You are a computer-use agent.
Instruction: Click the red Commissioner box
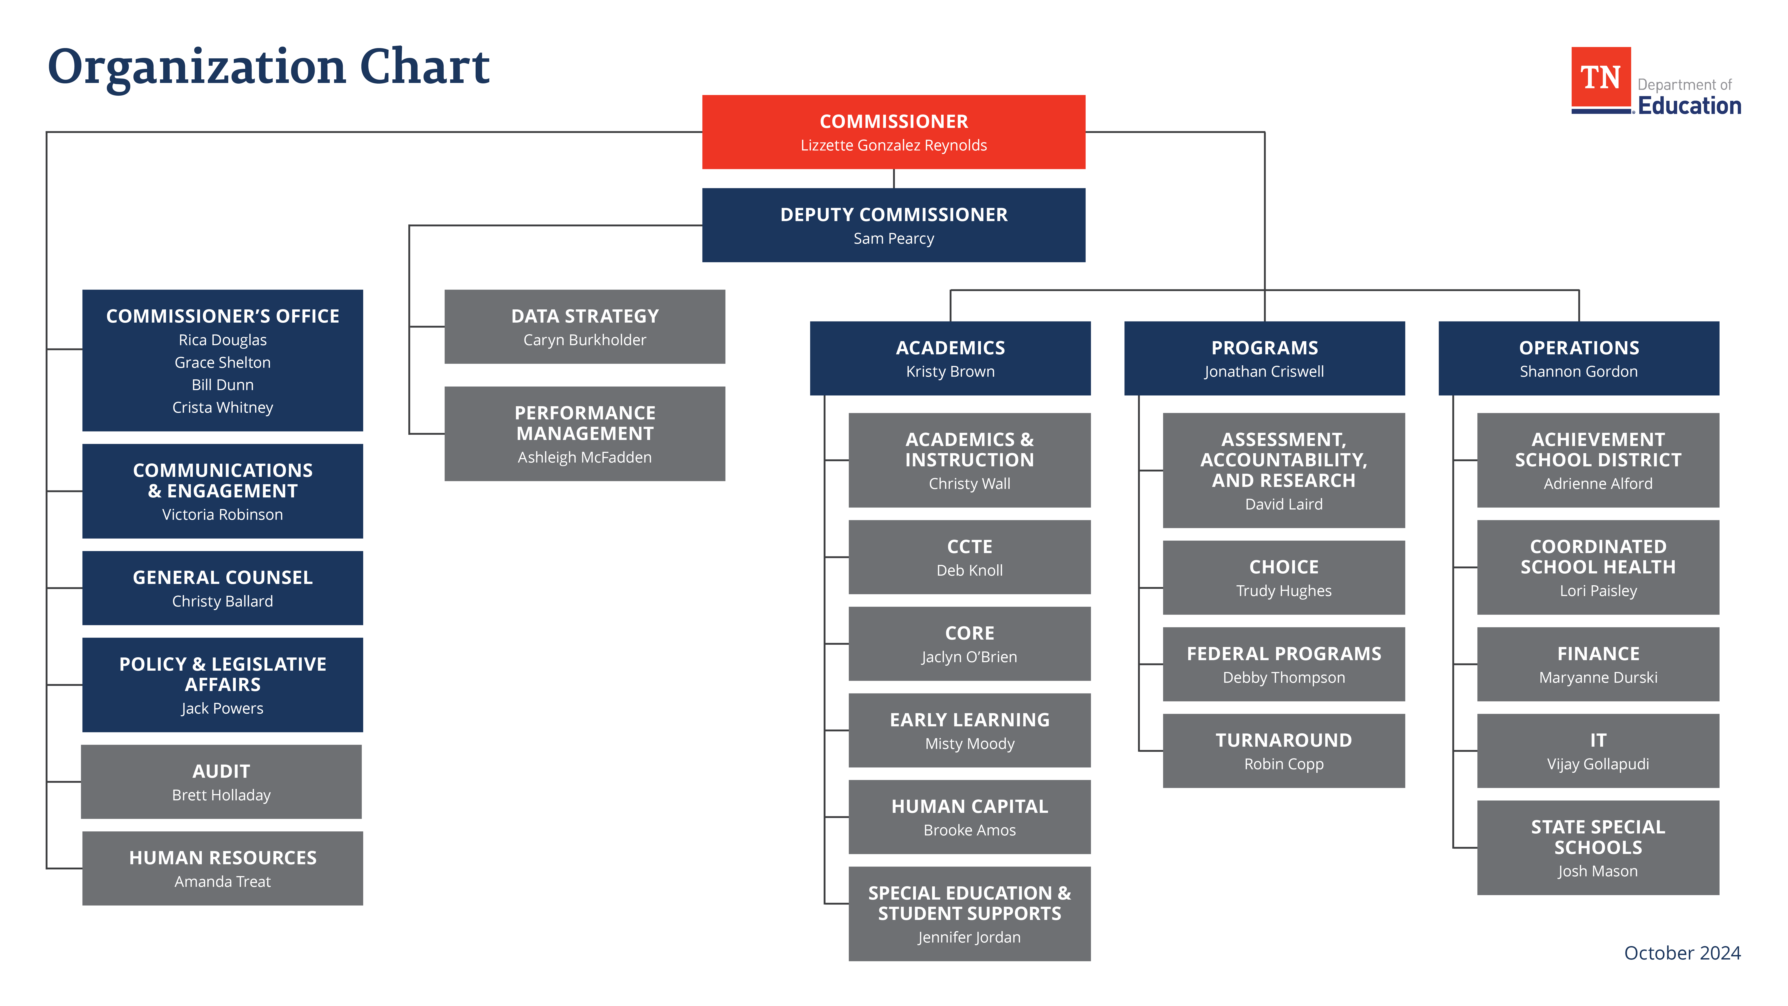tap(893, 132)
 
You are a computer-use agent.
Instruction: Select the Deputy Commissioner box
tap(893, 225)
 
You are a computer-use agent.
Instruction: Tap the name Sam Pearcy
tap(893, 239)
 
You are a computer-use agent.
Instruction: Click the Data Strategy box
tap(584, 326)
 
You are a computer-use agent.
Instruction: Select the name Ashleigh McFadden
tap(584, 458)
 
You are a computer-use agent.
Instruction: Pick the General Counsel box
tap(222, 588)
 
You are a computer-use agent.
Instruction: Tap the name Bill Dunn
tap(222, 385)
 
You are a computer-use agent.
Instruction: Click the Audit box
tap(221, 782)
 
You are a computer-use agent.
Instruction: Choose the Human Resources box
tap(222, 869)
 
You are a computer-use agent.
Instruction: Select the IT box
tap(1598, 750)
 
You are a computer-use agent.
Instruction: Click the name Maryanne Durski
tap(1598, 678)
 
